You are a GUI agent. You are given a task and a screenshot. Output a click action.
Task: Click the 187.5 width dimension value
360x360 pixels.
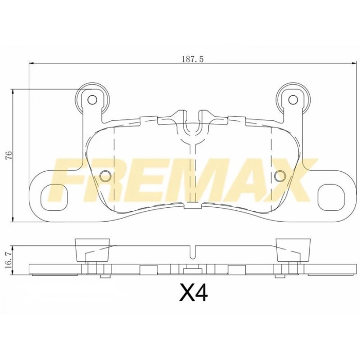[193, 59]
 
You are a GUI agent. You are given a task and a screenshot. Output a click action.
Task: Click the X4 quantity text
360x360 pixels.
[193, 294]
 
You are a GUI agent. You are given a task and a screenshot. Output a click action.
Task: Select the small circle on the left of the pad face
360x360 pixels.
[105, 176]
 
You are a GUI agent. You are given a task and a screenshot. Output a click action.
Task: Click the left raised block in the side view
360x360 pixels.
[93, 250]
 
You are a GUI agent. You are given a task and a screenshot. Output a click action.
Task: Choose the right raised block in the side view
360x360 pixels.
[293, 250]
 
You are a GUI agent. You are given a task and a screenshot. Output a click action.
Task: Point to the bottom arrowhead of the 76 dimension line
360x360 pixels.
[13, 219]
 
